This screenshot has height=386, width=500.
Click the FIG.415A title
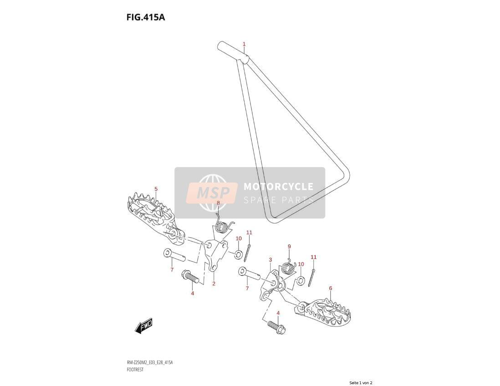145,17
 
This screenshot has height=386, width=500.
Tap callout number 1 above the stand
244,44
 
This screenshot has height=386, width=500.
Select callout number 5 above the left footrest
156,189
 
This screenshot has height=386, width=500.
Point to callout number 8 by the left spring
218,203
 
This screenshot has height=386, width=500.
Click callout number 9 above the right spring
289,246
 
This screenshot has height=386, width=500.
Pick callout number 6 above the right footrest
330,288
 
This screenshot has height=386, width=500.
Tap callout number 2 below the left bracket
214,284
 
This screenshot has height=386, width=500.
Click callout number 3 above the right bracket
270,260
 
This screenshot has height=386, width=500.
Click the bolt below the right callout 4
276,327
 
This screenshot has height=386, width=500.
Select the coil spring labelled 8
221,225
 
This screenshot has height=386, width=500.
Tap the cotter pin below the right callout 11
312,278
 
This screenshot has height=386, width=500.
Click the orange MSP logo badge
212,193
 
